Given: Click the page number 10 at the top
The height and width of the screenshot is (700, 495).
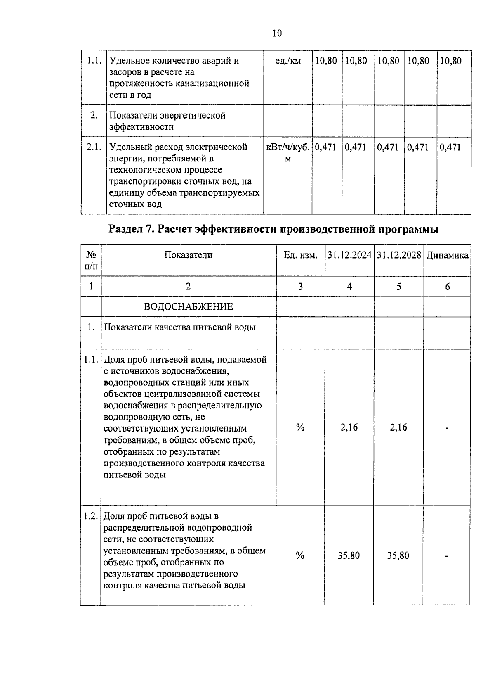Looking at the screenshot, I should [277, 33].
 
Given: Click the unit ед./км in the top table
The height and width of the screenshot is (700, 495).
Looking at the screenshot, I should [288, 61].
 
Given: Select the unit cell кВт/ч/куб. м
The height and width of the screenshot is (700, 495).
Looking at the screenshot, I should [288, 153].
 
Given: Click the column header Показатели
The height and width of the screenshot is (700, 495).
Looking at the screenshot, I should [189, 255].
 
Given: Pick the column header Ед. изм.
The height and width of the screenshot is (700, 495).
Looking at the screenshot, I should [300, 255].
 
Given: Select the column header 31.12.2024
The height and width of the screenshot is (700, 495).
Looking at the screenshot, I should [349, 255].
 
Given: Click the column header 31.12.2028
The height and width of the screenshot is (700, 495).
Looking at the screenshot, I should [398, 255].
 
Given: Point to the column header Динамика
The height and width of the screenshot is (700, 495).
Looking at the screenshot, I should [447, 255].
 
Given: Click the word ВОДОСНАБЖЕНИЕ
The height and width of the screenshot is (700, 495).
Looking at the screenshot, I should [189, 307].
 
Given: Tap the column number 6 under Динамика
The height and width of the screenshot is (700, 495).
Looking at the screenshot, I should [447, 287].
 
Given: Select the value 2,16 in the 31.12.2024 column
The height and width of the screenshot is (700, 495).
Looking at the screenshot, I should [349, 427].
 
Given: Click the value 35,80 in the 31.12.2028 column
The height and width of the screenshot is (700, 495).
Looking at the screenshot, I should [398, 555].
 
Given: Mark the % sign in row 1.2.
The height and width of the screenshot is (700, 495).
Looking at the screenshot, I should [300, 555].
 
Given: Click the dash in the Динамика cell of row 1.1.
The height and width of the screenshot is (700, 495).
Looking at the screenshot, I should [447, 428].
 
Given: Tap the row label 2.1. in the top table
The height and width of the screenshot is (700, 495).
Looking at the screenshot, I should [94, 147].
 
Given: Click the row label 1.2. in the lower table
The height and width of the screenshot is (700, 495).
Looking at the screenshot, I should [90, 516].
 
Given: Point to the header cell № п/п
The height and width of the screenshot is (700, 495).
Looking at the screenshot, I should [91, 261].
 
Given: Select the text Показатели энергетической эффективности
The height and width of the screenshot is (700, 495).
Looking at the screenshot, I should [167, 121].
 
